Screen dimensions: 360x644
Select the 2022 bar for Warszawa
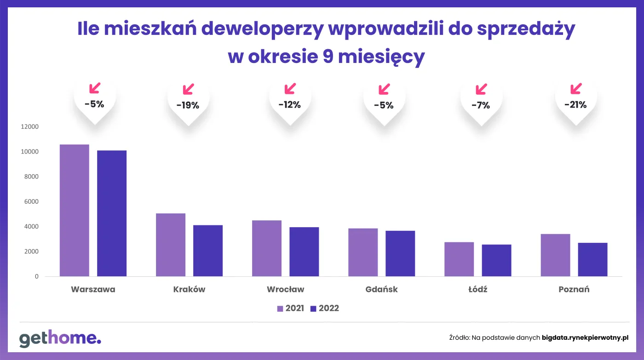(x=112, y=213)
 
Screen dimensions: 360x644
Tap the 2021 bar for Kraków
(x=171, y=245)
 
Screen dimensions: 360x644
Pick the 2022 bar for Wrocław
(x=304, y=252)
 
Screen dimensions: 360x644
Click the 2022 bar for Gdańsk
(x=400, y=254)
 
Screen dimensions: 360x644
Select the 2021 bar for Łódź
(x=459, y=259)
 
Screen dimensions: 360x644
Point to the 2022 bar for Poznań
(x=592, y=260)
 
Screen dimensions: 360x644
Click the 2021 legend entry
(x=290, y=309)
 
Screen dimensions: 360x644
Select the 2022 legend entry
(x=324, y=309)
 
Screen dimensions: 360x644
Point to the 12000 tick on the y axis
(x=29, y=127)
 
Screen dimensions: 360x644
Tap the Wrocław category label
(x=285, y=290)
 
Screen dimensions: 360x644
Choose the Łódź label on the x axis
(x=477, y=290)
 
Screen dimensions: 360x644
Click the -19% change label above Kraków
(x=188, y=105)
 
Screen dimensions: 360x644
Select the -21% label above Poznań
(x=575, y=105)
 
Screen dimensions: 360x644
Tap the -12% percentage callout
(x=289, y=105)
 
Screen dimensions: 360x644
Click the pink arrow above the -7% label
(x=481, y=88)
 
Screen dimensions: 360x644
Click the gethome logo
(x=60, y=339)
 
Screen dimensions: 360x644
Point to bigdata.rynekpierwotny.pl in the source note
(x=585, y=337)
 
